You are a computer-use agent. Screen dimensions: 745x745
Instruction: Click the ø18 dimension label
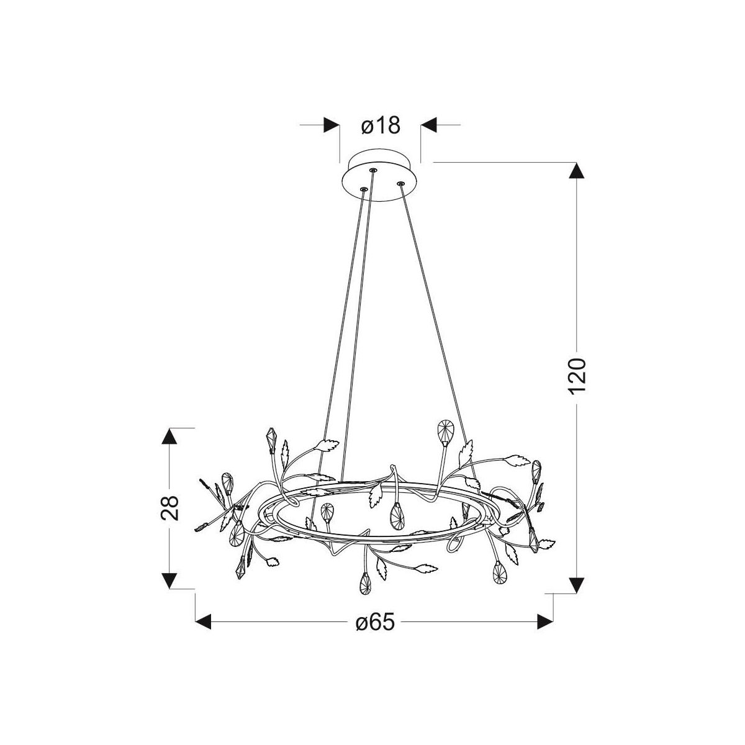click(x=381, y=125)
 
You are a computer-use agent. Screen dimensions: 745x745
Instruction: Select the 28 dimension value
click(x=169, y=508)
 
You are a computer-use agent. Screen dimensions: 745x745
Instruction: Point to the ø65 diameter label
click(x=375, y=622)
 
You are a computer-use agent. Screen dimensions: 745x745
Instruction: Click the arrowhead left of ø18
click(x=332, y=125)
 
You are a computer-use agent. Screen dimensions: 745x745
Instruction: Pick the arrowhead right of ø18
click(x=429, y=125)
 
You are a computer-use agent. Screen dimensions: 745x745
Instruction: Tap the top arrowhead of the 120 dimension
click(x=576, y=171)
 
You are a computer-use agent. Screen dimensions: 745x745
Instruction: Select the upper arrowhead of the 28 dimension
click(x=169, y=436)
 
